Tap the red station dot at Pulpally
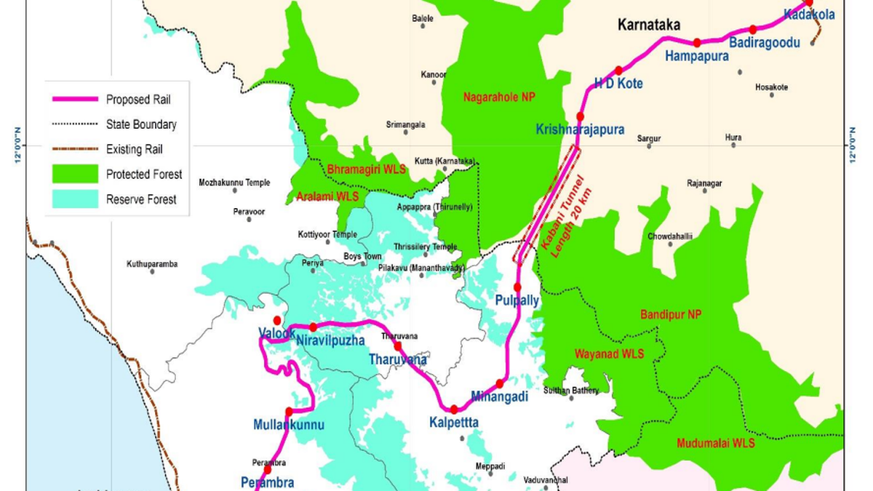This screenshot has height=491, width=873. pyautogui.click(x=518, y=287)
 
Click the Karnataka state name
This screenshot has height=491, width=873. pyautogui.click(x=649, y=25)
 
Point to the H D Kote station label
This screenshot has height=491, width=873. pyautogui.click(x=618, y=84)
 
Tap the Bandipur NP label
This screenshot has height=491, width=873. pyautogui.click(x=669, y=314)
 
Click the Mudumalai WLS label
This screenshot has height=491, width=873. pyautogui.click(x=715, y=443)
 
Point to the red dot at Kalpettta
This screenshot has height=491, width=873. pyautogui.click(x=454, y=409)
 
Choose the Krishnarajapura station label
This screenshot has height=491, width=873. pyautogui.click(x=580, y=130)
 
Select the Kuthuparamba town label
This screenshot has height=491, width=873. pyautogui.click(x=152, y=264)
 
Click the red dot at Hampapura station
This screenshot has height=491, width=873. pyautogui.click(x=697, y=42)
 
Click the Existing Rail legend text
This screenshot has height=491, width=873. pyautogui.click(x=135, y=149)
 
